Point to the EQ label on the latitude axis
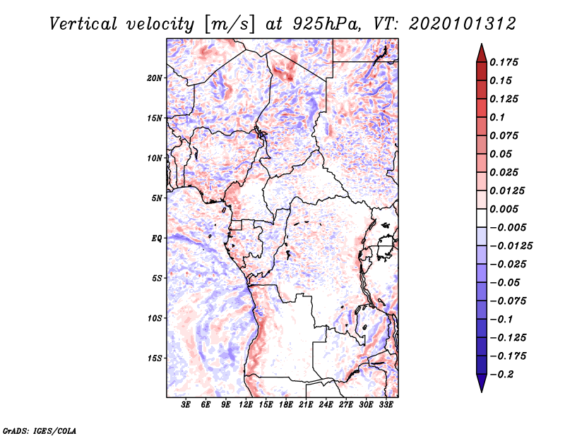[157, 238]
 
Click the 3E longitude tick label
[186, 406]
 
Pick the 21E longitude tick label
[307, 406]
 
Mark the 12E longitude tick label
[246, 406]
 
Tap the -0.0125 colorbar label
[512, 246]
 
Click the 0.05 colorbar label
[501, 154]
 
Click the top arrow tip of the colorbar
[481, 46]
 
